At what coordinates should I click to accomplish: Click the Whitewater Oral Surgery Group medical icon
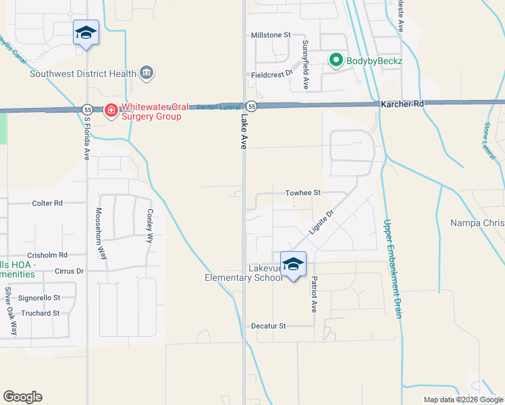click(110, 109)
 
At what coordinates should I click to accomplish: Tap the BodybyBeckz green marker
click(336, 61)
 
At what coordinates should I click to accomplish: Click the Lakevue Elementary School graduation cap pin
click(293, 265)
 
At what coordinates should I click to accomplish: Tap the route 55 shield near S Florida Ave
click(88, 109)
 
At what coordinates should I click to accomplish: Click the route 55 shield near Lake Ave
click(250, 107)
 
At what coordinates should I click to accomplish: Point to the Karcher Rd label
click(402, 104)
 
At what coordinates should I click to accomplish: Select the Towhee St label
click(302, 192)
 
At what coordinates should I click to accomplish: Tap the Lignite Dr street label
click(321, 223)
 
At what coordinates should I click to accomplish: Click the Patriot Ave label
click(313, 294)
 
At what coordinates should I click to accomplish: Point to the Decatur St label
click(269, 326)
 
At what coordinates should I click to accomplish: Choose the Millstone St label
click(270, 34)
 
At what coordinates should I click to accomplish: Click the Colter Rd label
click(47, 202)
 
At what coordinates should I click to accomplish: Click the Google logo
click(22, 397)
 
